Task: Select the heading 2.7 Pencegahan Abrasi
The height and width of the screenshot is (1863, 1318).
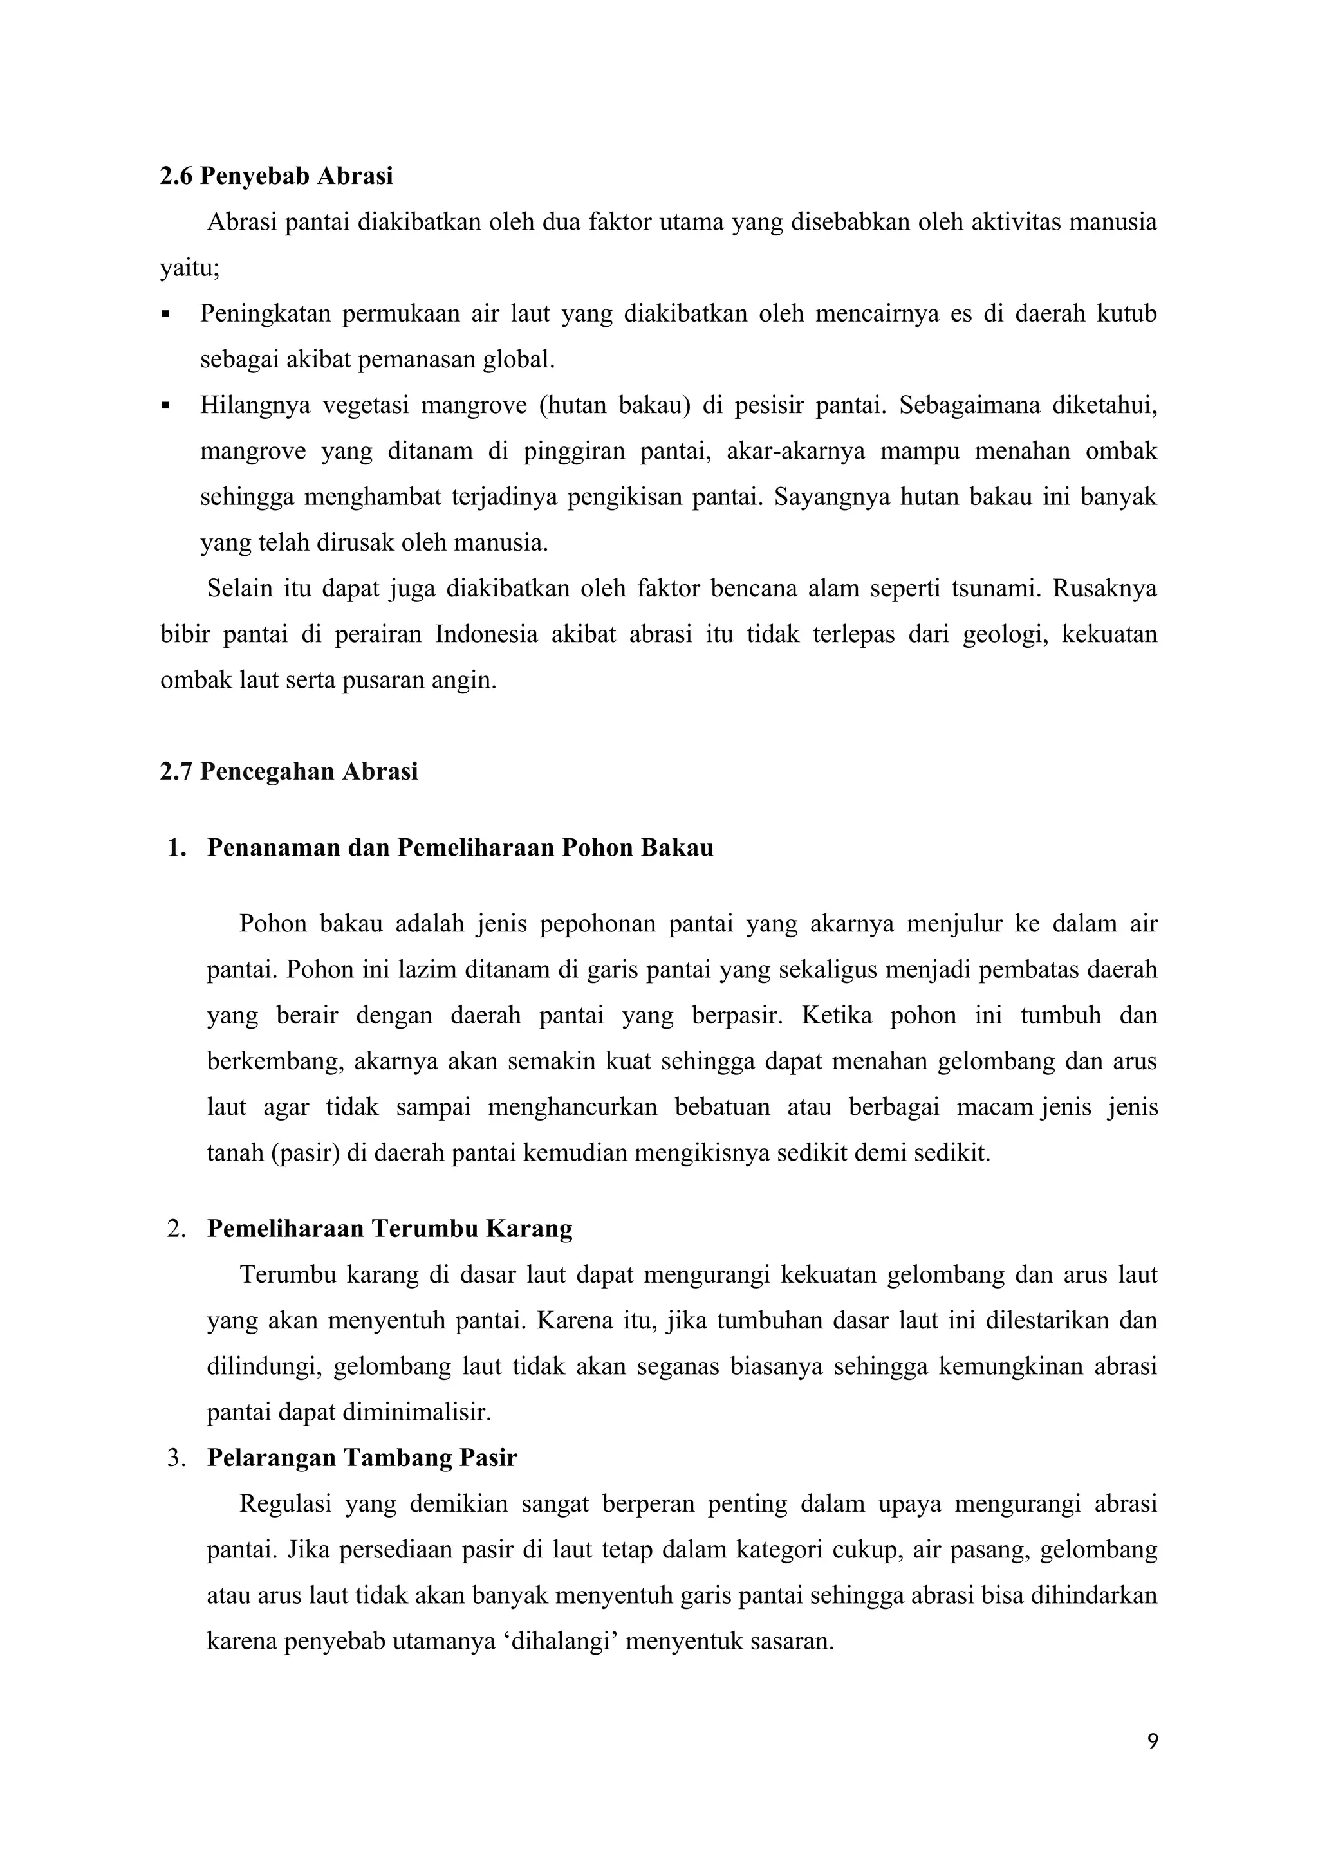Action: tap(289, 771)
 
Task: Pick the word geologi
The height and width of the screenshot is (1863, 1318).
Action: tap(1005, 634)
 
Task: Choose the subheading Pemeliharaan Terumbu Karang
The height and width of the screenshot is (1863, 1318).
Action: tap(389, 1229)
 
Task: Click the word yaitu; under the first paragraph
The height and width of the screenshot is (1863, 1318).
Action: tap(190, 268)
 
